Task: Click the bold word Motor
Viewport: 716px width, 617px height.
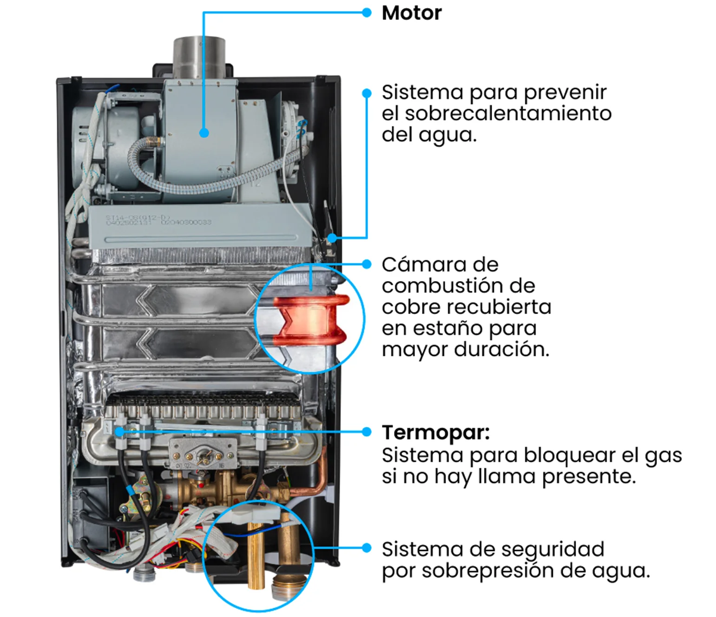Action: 412,13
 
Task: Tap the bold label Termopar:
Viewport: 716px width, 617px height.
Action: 436,433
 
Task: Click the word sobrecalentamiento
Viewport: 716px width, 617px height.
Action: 508,113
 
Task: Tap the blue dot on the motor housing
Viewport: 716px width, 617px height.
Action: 204,133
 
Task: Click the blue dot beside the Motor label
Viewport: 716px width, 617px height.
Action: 367,13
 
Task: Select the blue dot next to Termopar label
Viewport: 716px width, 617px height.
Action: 367,432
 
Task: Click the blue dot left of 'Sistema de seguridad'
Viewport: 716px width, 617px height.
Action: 367,548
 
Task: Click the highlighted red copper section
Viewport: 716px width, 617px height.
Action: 311,321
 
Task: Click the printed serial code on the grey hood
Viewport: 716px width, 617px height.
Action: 158,220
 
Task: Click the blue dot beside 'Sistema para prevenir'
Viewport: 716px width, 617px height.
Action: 367,93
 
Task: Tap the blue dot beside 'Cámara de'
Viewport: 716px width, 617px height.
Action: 367,264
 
